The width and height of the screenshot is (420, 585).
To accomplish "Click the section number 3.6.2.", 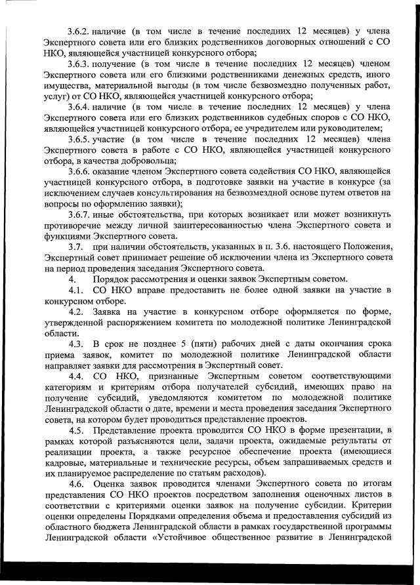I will tap(79, 31).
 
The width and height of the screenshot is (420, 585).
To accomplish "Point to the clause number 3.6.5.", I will tap(79, 138).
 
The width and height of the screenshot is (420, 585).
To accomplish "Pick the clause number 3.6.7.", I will tap(79, 214).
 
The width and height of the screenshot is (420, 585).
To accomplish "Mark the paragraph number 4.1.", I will tap(76, 289).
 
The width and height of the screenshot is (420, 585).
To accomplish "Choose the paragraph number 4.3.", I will tap(76, 344).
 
